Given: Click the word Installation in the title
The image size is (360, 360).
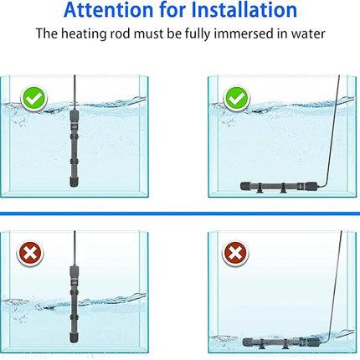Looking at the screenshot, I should (x=242, y=11).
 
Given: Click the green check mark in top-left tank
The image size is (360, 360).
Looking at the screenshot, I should (x=33, y=99).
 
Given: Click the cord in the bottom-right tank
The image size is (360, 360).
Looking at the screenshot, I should (x=330, y=285).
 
